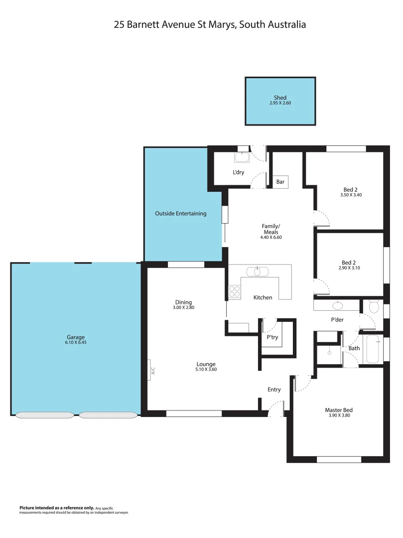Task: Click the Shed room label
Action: coord(280,98)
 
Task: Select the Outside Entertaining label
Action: coord(180,214)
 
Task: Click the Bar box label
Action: coord(280,182)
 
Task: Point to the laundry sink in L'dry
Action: coord(242,158)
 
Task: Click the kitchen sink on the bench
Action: coord(258,271)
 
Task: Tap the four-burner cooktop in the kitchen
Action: coord(235,292)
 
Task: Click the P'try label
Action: coord(272,337)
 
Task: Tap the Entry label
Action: coord(274,390)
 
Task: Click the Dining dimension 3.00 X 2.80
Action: coord(183,308)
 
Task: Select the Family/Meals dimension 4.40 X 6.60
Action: coord(271,238)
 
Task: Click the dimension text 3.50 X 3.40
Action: coord(350,195)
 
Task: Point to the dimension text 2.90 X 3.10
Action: coord(349,268)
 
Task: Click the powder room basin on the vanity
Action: coord(339,305)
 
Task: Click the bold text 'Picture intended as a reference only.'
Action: coord(56,508)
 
